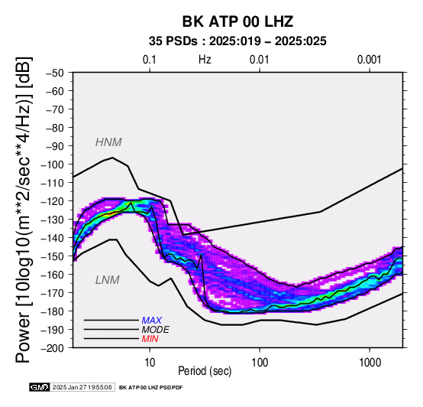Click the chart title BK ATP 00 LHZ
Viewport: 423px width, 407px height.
click(x=237, y=21)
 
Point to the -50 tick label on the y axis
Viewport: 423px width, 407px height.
click(x=55, y=73)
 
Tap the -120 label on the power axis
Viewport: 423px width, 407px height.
click(x=52, y=201)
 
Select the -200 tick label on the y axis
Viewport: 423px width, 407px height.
click(x=52, y=348)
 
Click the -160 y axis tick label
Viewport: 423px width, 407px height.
click(x=52, y=275)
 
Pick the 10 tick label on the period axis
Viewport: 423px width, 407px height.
click(x=150, y=363)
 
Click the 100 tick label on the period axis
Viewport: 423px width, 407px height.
click(x=260, y=363)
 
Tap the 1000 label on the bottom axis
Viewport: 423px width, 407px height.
click(x=370, y=363)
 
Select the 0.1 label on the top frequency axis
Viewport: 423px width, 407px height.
click(x=150, y=60)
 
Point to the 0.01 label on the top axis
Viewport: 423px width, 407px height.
click(x=260, y=60)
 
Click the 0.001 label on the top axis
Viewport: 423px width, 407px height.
click(x=369, y=60)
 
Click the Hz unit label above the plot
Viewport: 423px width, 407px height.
click(x=205, y=60)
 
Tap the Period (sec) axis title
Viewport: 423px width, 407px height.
click(x=205, y=371)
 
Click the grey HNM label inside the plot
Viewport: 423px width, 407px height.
click(x=108, y=142)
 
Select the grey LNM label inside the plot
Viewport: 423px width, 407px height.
click(x=108, y=280)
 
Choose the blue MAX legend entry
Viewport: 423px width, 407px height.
click(x=152, y=321)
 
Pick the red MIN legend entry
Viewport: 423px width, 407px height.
click(x=150, y=339)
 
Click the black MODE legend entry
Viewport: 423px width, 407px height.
click(x=156, y=330)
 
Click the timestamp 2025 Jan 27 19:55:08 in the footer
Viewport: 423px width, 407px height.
click(x=82, y=388)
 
